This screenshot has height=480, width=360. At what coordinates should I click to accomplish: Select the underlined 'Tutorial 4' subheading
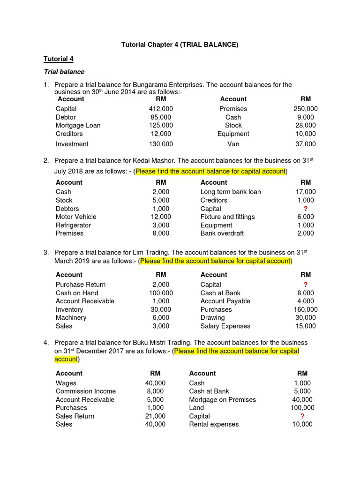click(x=59, y=59)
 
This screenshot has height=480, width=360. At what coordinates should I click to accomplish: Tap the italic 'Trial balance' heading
click(x=64, y=72)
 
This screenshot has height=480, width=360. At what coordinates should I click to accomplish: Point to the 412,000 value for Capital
click(x=161, y=109)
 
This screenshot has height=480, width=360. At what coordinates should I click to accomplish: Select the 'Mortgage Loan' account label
click(x=78, y=125)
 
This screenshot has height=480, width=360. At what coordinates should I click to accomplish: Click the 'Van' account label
click(x=233, y=144)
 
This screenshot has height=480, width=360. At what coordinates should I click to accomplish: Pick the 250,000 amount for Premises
click(x=305, y=109)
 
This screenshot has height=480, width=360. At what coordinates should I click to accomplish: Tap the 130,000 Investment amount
click(x=161, y=144)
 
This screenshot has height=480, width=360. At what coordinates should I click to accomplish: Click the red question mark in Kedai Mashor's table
click(x=306, y=209)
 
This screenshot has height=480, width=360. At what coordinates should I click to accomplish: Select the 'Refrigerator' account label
click(x=73, y=225)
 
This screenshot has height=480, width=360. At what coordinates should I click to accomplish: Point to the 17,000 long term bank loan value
click(x=305, y=192)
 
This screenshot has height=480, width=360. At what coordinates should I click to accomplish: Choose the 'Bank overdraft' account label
click(x=222, y=233)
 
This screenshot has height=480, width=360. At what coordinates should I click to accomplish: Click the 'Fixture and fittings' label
click(x=227, y=217)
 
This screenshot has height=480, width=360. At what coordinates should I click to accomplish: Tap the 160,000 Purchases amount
click(x=305, y=309)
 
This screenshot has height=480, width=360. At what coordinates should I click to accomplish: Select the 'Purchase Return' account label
click(x=81, y=285)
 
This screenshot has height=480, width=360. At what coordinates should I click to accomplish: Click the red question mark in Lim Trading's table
click(x=306, y=285)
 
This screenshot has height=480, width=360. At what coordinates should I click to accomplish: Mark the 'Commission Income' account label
click(x=86, y=391)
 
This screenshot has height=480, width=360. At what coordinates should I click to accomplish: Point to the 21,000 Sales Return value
click(x=155, y=416)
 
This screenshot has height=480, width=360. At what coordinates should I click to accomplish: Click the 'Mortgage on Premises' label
click(x=222, y=399)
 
